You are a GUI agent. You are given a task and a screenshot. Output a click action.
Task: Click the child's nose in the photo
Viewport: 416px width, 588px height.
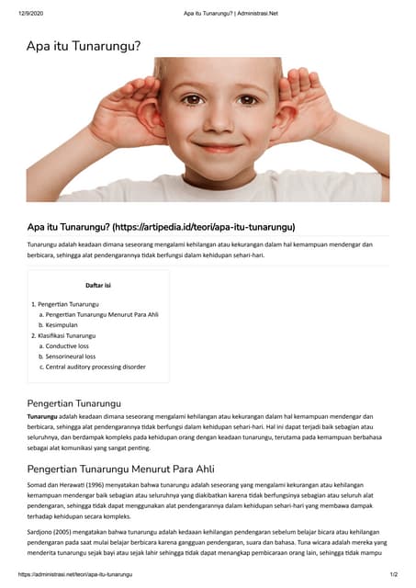coord(221,125)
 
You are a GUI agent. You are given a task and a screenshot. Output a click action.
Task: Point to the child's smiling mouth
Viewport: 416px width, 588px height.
coord(220,146)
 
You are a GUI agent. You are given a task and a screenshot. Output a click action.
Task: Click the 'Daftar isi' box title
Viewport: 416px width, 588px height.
coord(98,286)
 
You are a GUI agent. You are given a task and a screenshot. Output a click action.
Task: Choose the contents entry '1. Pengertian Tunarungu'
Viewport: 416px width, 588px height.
coord(65,303)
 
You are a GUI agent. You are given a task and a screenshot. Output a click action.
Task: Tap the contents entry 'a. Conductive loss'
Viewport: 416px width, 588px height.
coord(70,346)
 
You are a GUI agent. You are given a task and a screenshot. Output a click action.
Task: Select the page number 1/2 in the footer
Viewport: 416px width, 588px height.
coord(392,574)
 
